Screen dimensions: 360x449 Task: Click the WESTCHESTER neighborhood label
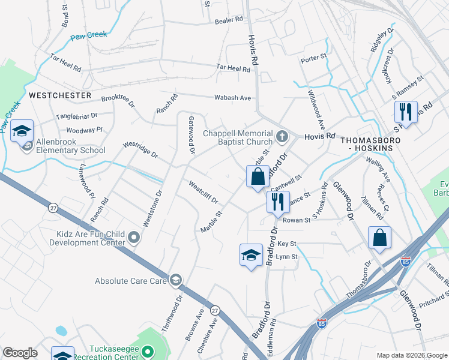(60, 95)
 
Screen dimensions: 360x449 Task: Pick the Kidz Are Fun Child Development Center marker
(134, 239)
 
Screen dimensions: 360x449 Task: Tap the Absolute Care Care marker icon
(175, 280)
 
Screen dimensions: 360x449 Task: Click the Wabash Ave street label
(233, 97)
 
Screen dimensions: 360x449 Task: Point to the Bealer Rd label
(229, 20)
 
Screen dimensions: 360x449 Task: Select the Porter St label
(313, 58)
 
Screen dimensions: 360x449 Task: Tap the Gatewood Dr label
(191, 135)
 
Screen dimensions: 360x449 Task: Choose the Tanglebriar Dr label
(76, 116)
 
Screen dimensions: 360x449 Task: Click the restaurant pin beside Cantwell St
(277, 202)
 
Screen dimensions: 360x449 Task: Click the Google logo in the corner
(20, 353)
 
